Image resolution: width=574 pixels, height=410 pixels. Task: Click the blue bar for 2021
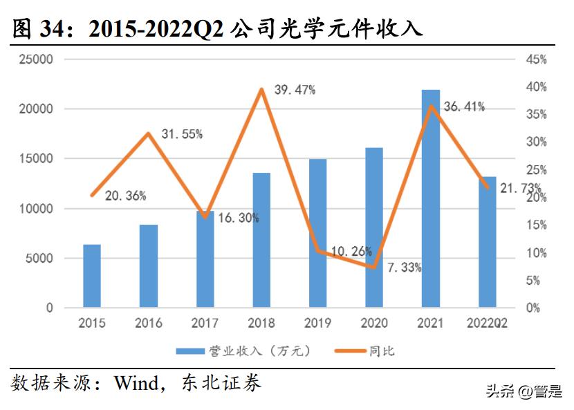(x=430, y=201)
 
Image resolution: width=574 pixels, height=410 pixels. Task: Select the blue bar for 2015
(x=92, y=277)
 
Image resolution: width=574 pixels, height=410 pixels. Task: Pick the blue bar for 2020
(x=374, y=228)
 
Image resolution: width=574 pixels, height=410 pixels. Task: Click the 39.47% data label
(x=295, y=90)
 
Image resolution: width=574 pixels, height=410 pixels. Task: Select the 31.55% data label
(x=182, y=135)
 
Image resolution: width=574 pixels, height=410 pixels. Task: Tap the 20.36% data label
(x=125, y=196)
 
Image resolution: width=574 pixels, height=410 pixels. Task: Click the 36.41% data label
(x=464, y=106)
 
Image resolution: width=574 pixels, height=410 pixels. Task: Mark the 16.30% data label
(x=239, y=218)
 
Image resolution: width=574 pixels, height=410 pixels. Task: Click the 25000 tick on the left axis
(x=35, y=59)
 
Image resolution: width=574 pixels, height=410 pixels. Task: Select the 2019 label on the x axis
(x=317, y=323)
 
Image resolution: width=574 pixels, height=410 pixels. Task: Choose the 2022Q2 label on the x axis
(x=487, y=323)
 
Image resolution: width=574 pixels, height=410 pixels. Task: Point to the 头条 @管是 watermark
(x=524, y=392)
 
